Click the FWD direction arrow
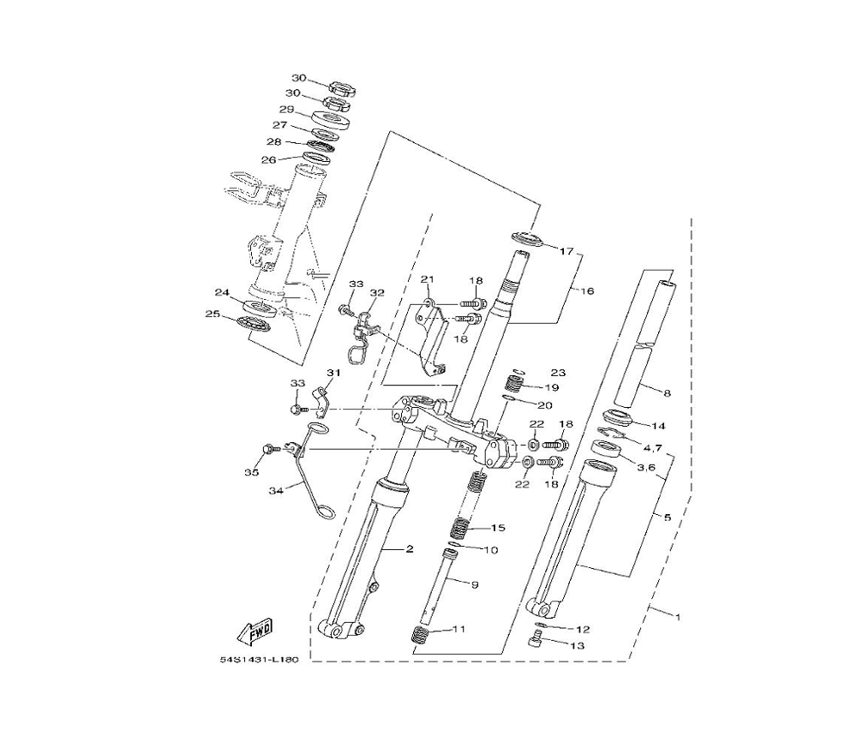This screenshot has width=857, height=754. point(255,631)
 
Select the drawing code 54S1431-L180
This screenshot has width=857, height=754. point(260,660)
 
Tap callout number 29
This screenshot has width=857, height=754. point(287,110)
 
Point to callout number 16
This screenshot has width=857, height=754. point(586,291)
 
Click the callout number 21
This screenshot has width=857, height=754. point(427,279)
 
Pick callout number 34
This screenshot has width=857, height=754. point(276,491)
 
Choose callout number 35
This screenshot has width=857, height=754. point(251,472)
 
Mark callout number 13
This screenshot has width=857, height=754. point(577,645)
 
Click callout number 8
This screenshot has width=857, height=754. point(666,392)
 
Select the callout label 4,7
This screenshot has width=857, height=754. point(652,448)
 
